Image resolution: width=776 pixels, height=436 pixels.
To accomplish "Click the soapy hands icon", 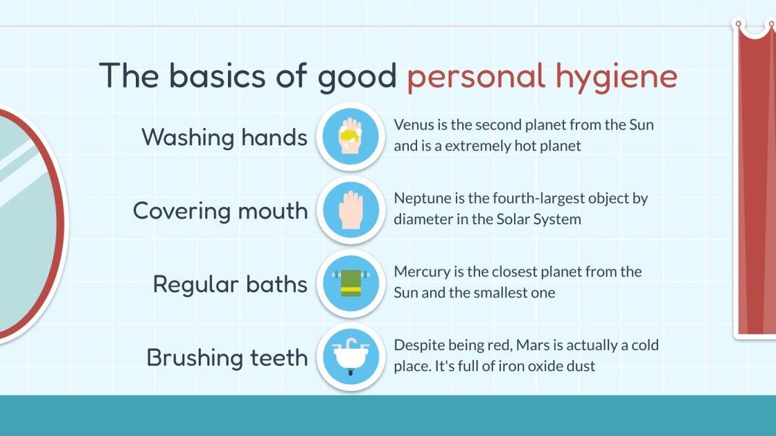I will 350,136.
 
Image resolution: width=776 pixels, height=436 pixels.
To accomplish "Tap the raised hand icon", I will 350,210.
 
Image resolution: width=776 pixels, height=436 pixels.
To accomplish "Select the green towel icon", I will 350,283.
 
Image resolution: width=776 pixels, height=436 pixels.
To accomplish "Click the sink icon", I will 350,357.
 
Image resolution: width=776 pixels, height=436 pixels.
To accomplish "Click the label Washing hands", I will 224,137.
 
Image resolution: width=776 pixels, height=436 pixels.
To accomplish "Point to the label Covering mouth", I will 220,210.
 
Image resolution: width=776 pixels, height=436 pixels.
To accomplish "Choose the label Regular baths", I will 230,284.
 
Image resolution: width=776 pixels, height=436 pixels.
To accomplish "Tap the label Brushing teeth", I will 227,358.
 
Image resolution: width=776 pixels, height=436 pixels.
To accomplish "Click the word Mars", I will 525,345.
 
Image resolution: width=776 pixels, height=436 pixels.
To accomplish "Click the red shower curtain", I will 755,180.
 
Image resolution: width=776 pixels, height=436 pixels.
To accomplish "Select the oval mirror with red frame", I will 28,221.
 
